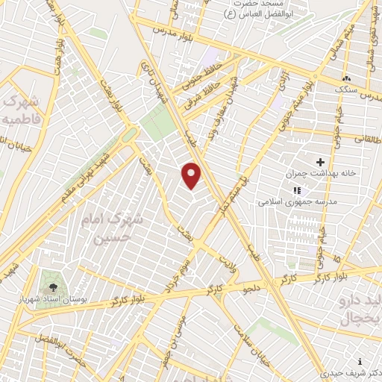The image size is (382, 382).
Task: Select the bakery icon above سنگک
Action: click(x=345, y=78)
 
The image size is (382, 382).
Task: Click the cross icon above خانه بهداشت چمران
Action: click(x=321, y=161)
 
